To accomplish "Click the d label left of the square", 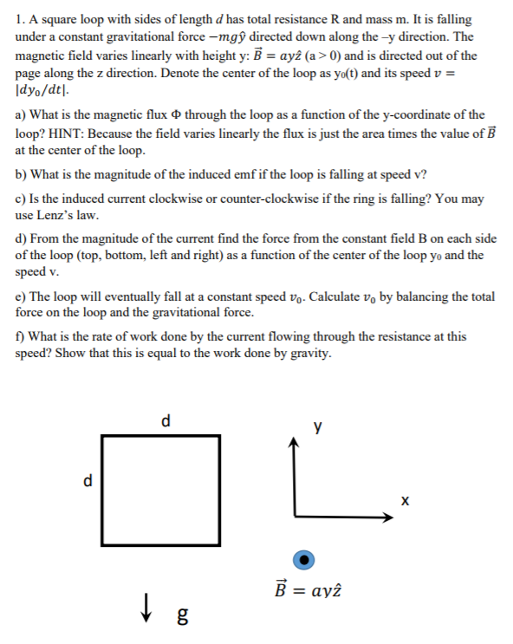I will click(87, 480).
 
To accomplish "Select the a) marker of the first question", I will click(23, 139).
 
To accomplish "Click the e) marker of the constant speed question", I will click(23, 296).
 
